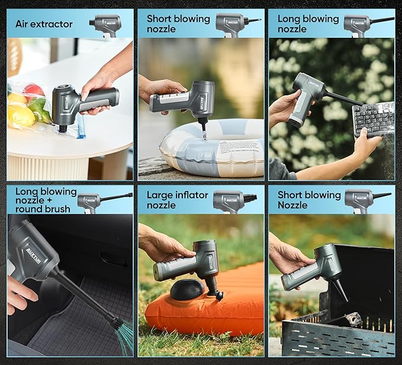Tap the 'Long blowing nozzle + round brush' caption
tap(46, 200)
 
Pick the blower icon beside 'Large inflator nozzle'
tap(234, 200)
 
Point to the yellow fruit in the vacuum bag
tap(19, 116)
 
